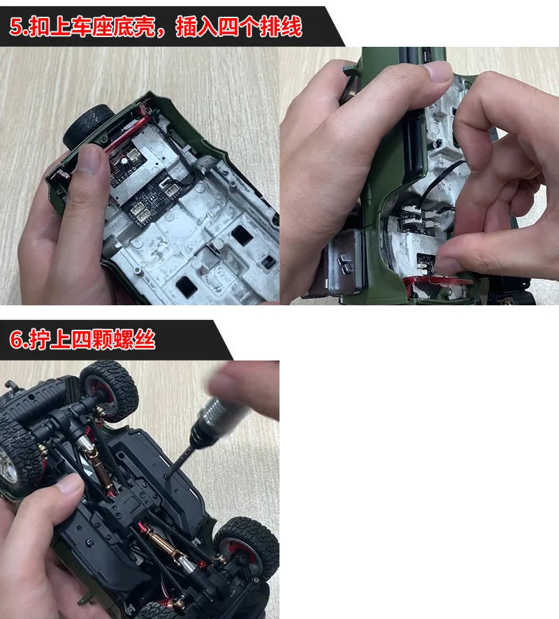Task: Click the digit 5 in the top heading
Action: point(17,27)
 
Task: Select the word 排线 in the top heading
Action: point(281,27)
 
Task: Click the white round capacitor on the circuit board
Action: point(125,161)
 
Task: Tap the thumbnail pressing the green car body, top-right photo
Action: point(437,72)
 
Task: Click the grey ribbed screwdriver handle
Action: point(221,414)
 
